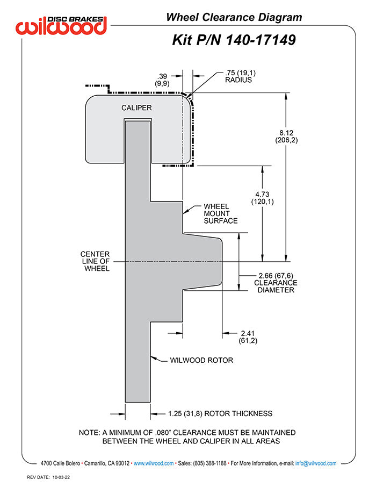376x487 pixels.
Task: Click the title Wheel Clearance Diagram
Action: (x=234, y=17)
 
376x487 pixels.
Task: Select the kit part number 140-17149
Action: (x=234, y=40)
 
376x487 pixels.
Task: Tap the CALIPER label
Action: (x=136, y=108)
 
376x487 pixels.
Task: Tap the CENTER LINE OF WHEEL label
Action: (x=95, y=261)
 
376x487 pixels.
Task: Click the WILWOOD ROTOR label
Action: (x=201, y=360)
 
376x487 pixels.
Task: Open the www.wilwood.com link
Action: (x=153, y=463)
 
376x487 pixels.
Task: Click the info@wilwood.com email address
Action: (x=316, y=463)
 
